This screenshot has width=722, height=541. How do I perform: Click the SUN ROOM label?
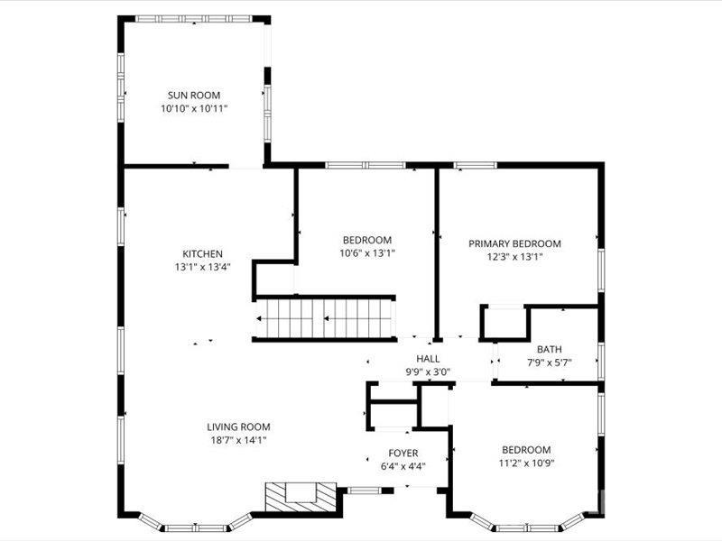coord(194,95)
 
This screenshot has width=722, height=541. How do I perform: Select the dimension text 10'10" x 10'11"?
coord(194,108)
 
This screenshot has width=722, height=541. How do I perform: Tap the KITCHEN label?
coord(203,254)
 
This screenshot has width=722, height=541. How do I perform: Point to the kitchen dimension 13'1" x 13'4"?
coord(203,267)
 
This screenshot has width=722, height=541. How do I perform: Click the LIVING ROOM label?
coord(238,427)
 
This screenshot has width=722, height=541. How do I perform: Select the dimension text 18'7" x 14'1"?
coord(238,440)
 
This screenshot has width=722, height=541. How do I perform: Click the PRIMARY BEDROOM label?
coord(514,243)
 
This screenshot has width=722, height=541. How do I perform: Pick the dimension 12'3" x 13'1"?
coord(514,256)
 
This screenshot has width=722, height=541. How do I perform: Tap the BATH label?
coord(549,350)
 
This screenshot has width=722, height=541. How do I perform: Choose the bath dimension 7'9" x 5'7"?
coord(549,362)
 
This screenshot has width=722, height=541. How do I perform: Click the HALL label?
coord(428,359)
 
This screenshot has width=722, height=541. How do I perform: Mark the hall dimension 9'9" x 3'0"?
coord(428,371)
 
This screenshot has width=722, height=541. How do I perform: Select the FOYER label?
coord(403,453)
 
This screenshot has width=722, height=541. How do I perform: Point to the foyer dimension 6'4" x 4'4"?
coord(403,466)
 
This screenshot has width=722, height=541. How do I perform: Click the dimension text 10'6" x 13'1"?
coord(367,252)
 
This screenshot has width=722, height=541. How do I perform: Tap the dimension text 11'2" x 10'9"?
coord(526,463)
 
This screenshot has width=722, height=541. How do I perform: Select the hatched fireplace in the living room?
coord(301,495)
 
